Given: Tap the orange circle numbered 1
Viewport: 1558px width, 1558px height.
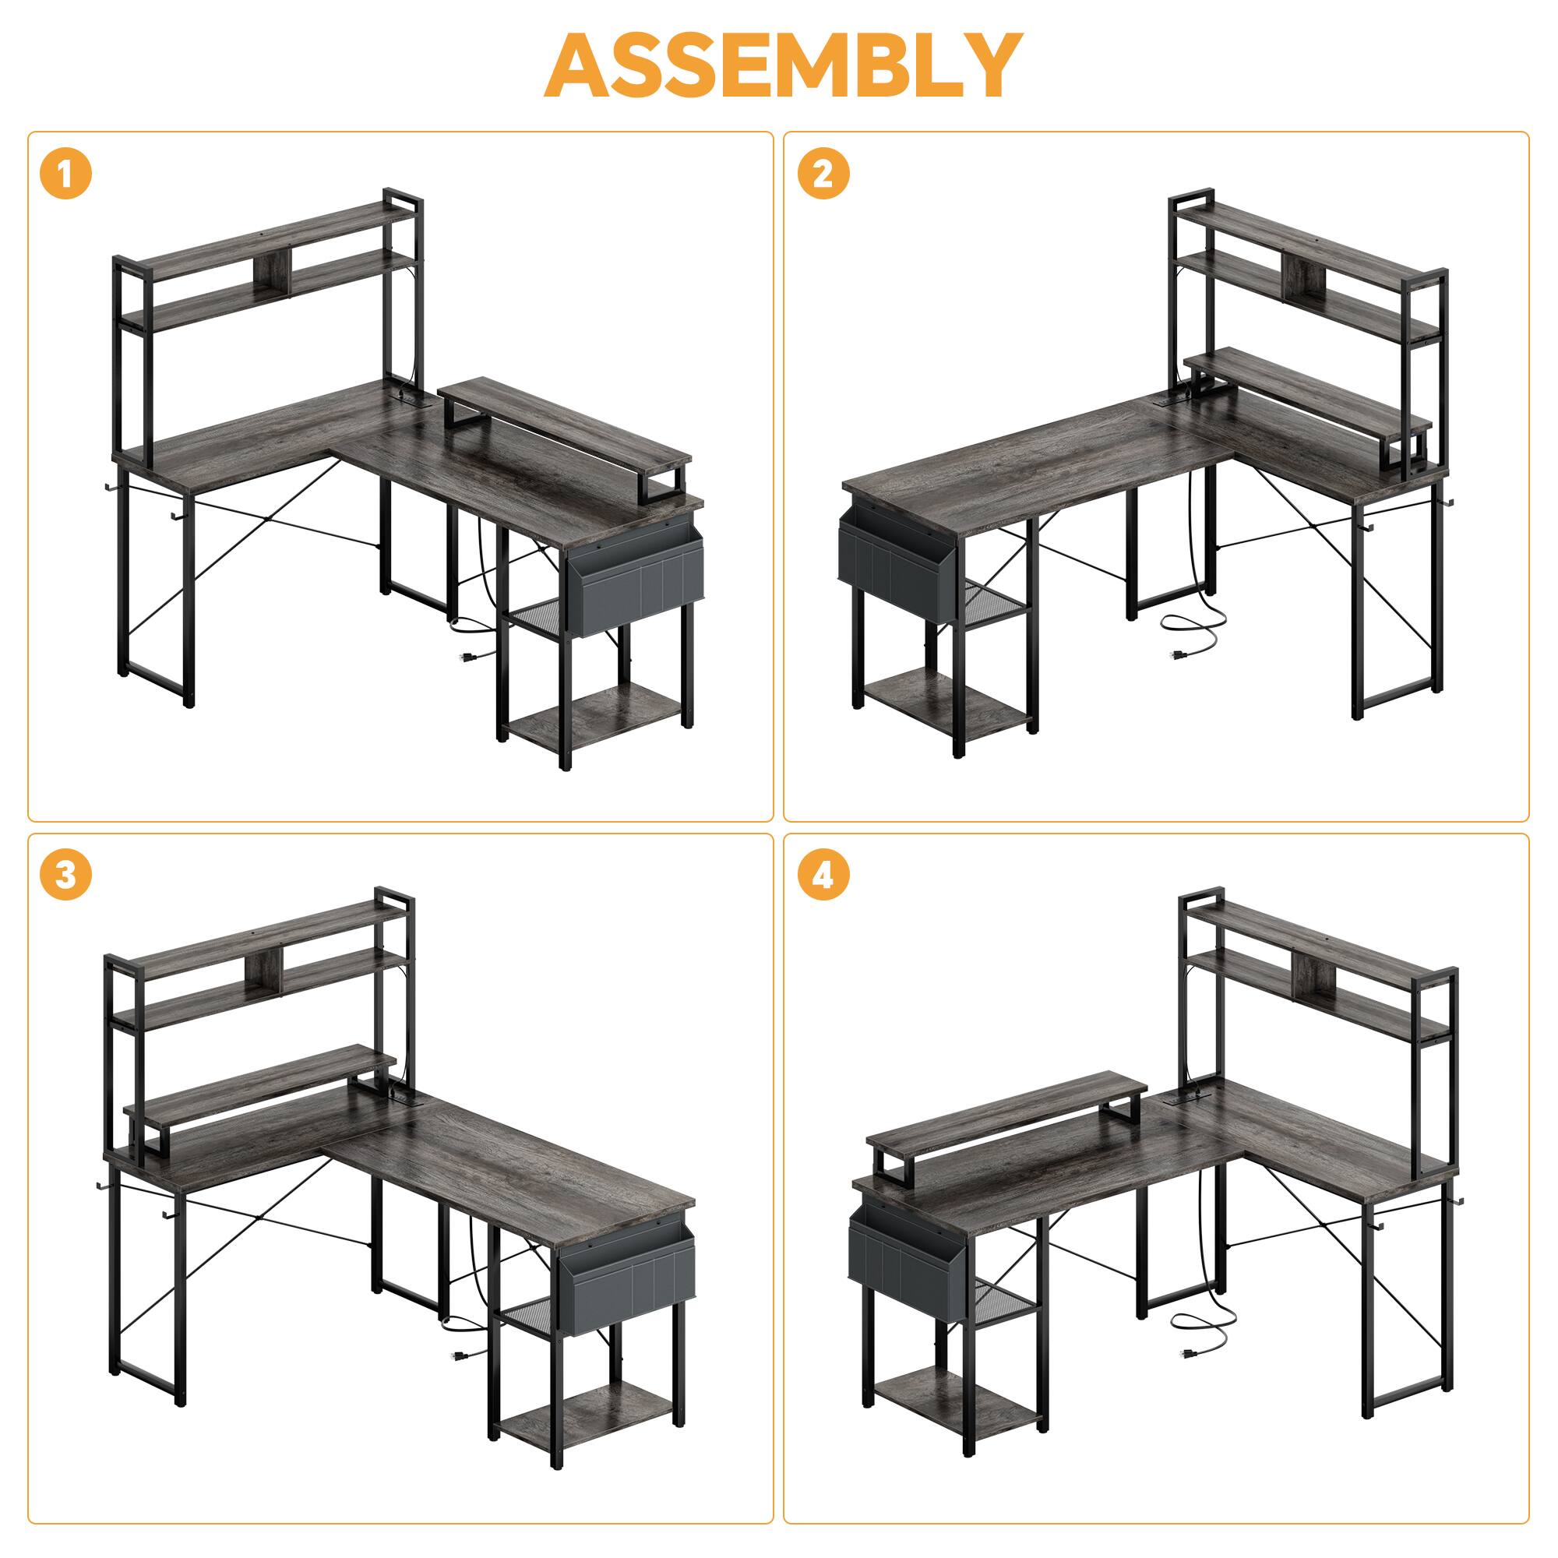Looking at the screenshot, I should [65, 175].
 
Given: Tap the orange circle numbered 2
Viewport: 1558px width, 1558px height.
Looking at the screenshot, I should [823, 175].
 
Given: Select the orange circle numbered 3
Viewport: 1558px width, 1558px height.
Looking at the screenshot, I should [65, 876].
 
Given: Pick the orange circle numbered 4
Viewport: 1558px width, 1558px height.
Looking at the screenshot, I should [823, 876].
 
